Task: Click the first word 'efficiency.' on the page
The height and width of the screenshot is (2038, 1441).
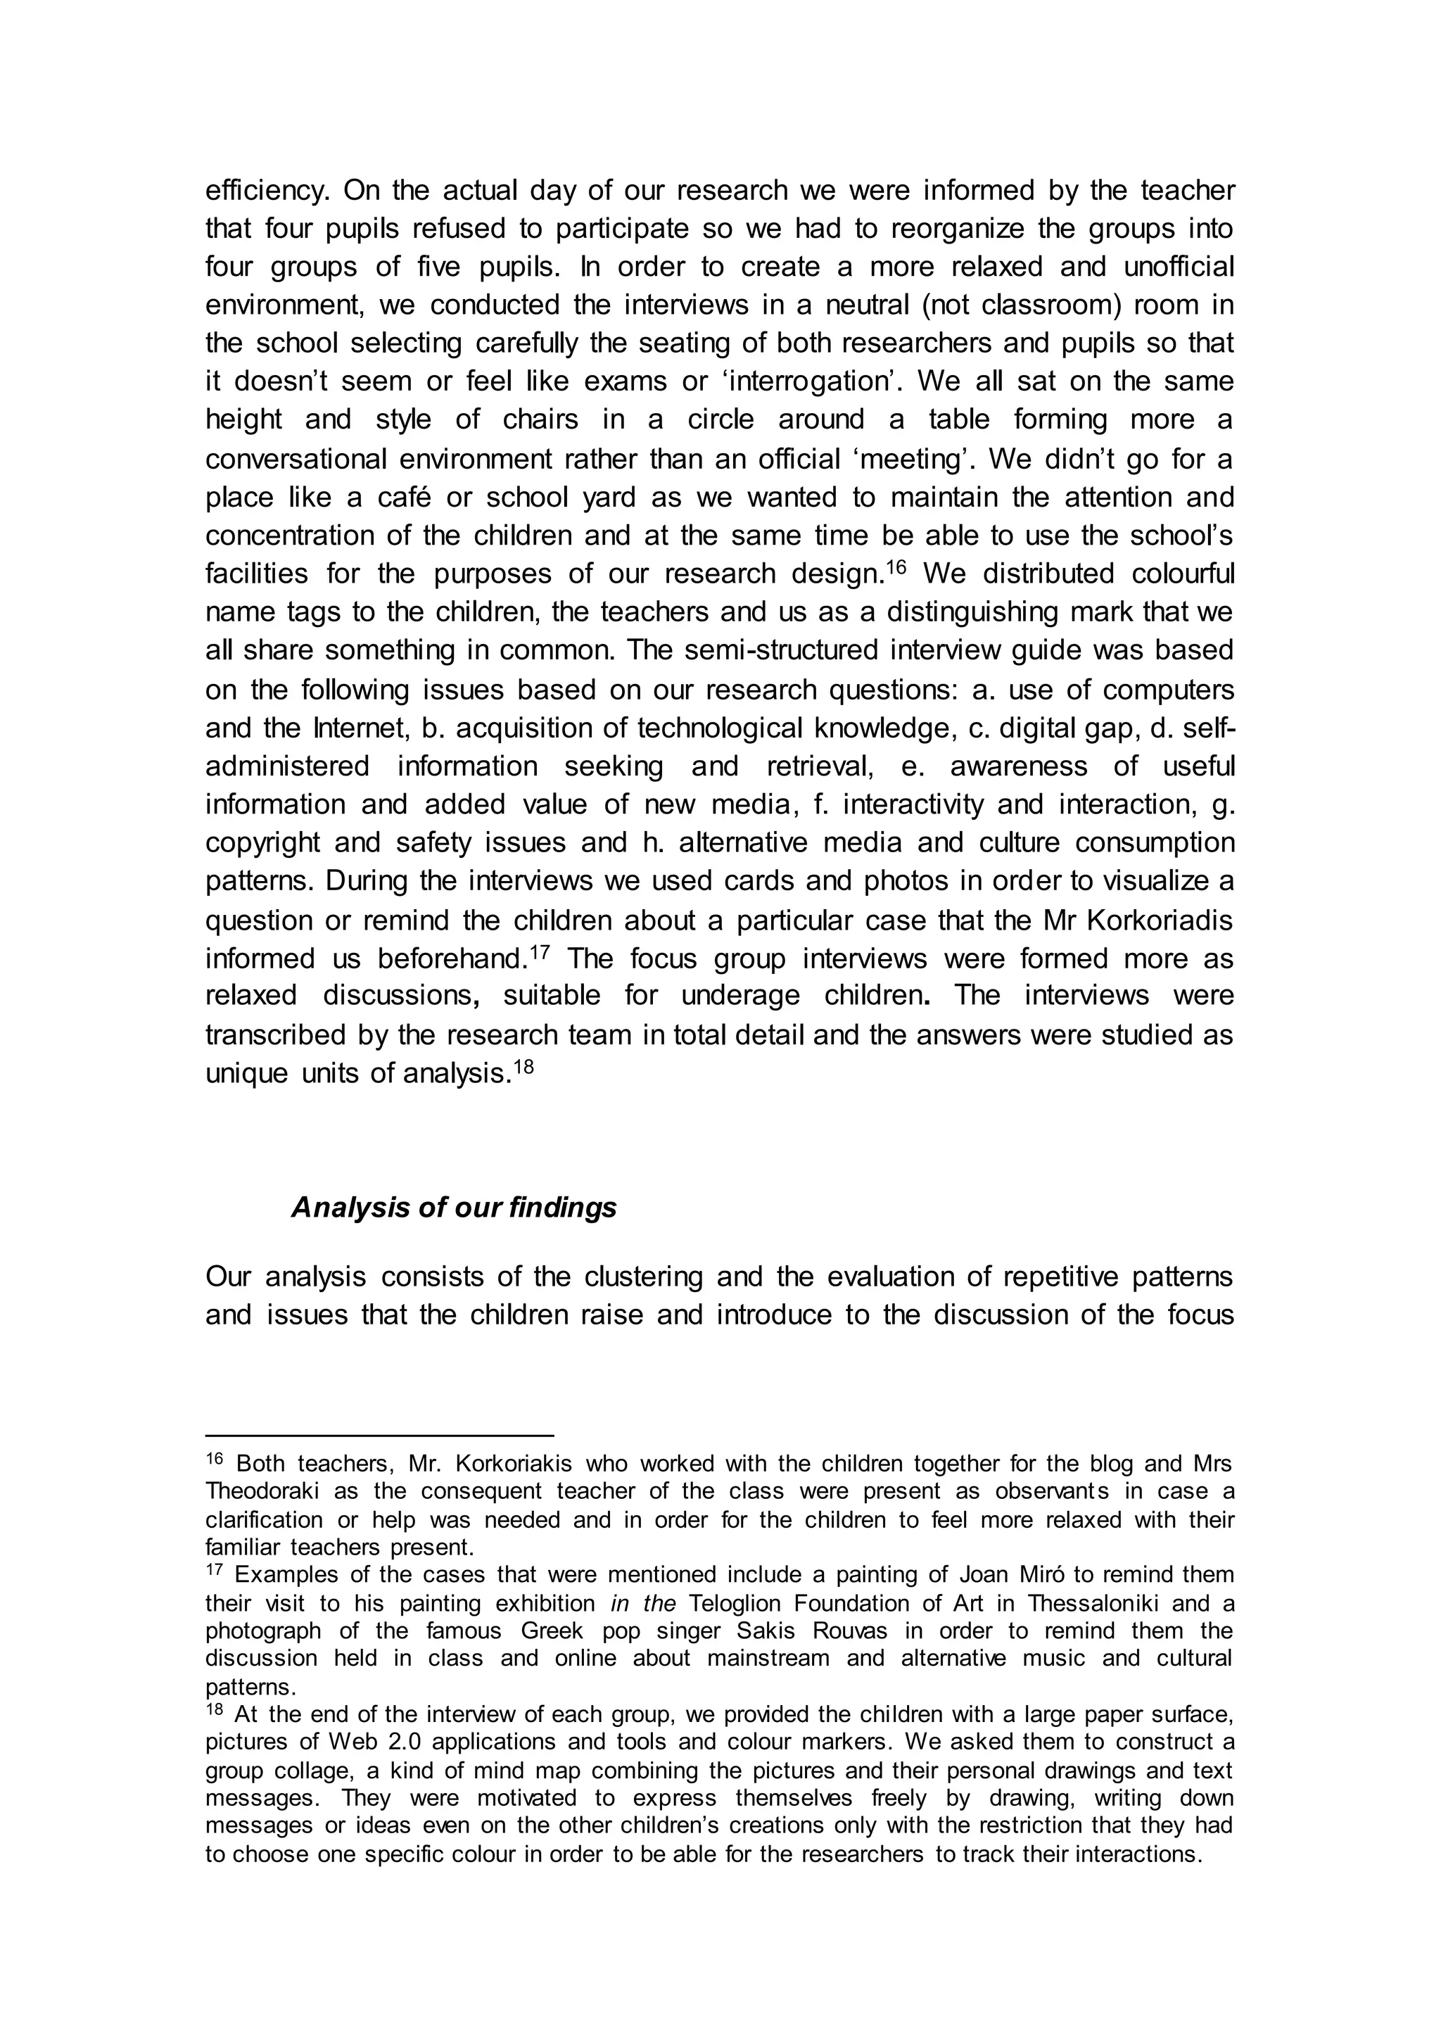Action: (x=267, y=190)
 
